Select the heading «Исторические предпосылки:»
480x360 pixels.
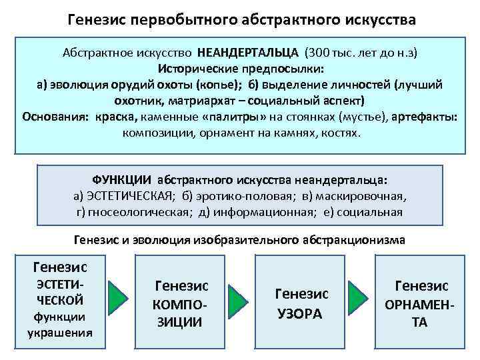coord(241,69)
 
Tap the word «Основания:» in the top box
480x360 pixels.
coord(53,117)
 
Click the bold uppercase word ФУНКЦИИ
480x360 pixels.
coord(121,181)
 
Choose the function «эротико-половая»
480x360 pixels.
coord(221,197)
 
